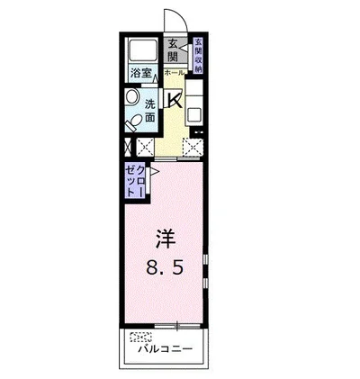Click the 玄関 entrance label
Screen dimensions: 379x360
pos(174,53)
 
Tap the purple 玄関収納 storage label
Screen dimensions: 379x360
pos(198,55)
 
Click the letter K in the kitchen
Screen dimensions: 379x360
pos(175,100)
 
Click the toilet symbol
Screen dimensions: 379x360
pos(134,120)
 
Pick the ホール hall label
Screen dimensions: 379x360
pos(175,72)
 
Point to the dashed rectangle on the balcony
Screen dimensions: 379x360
pos(141,338)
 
